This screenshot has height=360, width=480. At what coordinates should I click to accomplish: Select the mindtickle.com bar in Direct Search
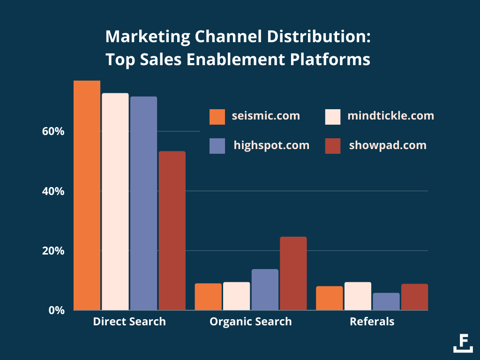pyautogui.click(x=115, y=202)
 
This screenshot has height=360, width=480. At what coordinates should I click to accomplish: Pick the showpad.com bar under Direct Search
pyautogui.click(x=172, y=230)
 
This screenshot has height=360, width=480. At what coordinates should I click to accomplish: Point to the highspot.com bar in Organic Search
pyautogui.click(x=265, y=289)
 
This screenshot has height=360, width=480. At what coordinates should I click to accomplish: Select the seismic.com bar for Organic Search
pyautogui.click(x=208, y=296)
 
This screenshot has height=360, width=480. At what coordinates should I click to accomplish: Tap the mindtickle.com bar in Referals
pyautogui.click(x=358, y=296)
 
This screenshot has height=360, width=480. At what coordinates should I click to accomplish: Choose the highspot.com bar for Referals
pyautogui.click(x=386, y=301)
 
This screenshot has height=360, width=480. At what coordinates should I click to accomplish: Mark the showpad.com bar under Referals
pyautogui.click(x=414, y=297)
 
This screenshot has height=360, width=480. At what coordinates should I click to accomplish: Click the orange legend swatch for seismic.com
pyautogui.click(x=217, y=117)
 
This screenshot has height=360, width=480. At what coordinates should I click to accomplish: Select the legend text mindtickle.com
pyautogui.click(x=390, y=115)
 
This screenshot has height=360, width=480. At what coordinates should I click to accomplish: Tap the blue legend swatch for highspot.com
pyautogui.click(x=217, y=146)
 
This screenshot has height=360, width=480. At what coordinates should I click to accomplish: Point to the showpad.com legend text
pyautogui.click(x=388, y=145)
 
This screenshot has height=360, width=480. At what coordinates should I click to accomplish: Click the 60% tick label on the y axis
pyautogui.click(x=53, y=131)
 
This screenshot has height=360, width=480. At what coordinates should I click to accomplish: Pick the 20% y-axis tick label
pyautogui.click(x=53, y=251)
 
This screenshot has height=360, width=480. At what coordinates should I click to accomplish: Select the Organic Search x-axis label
pyautogui.click(x=251, y=322)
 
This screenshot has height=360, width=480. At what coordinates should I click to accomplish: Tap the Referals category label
pyautogui.click(x=372, y=322)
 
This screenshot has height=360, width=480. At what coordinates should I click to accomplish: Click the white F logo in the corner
pyautogui.click(x=463, y=343)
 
